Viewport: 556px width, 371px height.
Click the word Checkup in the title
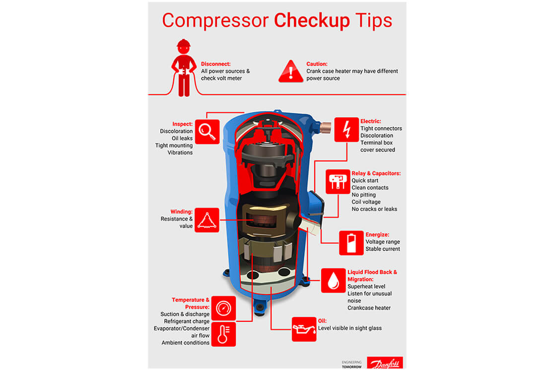312,20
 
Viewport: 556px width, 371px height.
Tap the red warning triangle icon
291,72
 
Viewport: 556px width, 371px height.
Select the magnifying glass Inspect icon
208,132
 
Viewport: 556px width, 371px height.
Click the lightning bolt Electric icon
347,130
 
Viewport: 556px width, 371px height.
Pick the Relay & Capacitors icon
338,182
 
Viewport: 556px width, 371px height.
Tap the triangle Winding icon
207,220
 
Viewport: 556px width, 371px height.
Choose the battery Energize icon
351,243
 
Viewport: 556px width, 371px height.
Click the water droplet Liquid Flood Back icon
333,281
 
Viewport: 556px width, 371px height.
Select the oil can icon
304,329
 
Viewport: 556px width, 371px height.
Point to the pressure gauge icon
223,308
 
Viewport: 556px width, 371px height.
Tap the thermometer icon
223,334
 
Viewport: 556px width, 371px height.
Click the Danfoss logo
385,363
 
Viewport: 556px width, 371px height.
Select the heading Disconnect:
215,64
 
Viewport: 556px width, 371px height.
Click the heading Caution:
317,64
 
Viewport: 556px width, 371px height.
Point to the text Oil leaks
182,139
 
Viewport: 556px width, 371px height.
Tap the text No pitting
363,195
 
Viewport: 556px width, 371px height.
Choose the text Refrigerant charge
187,321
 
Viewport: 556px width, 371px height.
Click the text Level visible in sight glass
349,328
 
